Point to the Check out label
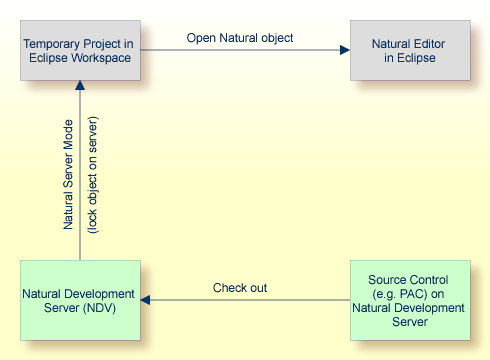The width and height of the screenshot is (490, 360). (x=240, y=288)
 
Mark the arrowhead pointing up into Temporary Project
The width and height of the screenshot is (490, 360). (x=80, y=89)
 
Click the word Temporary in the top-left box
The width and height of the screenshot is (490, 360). (x=50, y=43)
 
